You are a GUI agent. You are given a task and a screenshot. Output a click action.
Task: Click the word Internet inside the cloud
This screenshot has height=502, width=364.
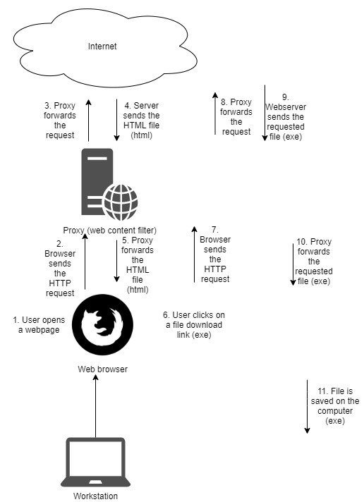[102, 47]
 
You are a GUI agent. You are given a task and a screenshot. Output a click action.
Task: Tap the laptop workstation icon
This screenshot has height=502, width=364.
[95, 462]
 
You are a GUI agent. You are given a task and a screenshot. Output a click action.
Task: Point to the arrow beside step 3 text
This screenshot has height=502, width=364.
[88, 120]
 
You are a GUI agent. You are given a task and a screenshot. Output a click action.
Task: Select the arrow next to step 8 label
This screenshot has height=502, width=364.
[214, 113]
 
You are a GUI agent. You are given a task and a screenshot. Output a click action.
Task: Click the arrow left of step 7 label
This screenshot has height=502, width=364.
[193, 254]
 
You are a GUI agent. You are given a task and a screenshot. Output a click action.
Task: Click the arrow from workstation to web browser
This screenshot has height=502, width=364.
[95, 409]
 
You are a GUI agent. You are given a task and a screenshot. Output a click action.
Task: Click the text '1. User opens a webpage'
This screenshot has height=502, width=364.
[35, 324]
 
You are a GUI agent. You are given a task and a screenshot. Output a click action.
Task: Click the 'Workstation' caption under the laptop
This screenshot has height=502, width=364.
[94, 496]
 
